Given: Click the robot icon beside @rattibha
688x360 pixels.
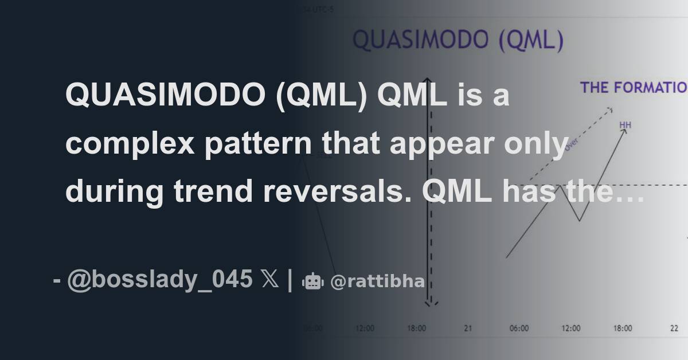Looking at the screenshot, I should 312,281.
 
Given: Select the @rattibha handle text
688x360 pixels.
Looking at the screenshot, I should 378,281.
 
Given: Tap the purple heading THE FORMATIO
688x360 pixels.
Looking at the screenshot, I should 633,88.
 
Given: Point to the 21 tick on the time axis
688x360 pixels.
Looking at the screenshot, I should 468,328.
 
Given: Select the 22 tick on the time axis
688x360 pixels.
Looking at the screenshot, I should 675,328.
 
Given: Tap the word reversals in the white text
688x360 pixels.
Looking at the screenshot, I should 339,191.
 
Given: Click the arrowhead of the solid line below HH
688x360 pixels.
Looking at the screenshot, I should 624,132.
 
